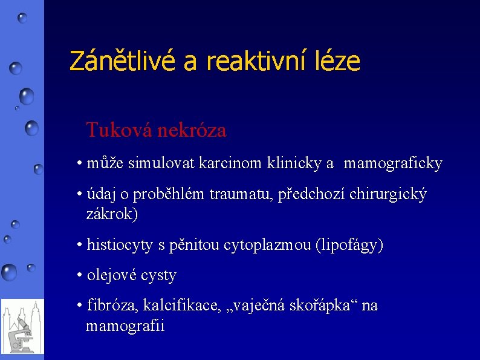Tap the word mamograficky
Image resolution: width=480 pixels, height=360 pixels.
393,163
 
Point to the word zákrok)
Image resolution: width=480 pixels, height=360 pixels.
112,214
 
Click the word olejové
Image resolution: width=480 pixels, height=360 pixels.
112,276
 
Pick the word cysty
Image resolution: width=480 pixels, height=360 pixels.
158,277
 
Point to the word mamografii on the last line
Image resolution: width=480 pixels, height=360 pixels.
125,326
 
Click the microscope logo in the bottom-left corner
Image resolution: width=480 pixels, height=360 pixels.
22,326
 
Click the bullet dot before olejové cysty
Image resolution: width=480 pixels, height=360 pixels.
80,276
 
